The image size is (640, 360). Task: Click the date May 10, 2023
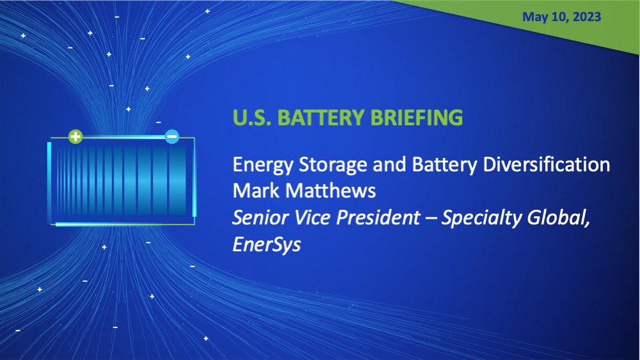click(561, 17)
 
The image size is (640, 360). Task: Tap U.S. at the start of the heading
click(251, 118)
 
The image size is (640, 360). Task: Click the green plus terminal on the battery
click(75, 136)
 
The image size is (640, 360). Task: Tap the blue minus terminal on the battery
click(172, 136)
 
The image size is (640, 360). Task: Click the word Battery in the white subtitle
click(418, 166)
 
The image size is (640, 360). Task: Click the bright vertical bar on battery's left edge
click(49, 183)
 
